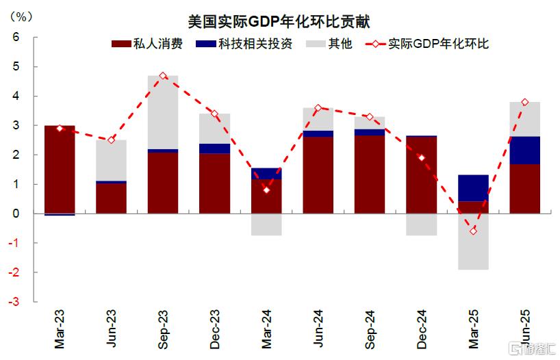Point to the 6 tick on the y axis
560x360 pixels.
click(x=16, y=38)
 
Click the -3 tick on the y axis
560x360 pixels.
click(x=14, y=302)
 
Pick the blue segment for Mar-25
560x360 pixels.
click(x=473, y=188)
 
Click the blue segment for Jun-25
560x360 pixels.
click(x=524, y=150)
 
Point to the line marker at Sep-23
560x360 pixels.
click(x=163, y=76)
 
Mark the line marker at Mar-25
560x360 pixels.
click(x=473, y=231)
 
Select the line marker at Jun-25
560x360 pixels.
click(x=524, y=102)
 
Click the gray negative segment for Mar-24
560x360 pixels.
click(x=266, y=224)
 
